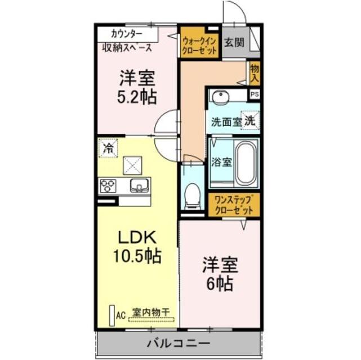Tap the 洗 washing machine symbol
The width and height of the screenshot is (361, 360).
(249, 120)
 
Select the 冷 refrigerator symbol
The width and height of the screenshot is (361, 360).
(108, 148)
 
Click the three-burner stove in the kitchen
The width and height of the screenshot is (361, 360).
(108, 185)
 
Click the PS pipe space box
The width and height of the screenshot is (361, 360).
(255, 94)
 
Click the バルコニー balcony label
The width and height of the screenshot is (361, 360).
(179, 343)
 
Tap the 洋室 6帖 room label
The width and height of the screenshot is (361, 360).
(220, 273)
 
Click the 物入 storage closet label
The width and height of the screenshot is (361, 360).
(254, 73)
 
